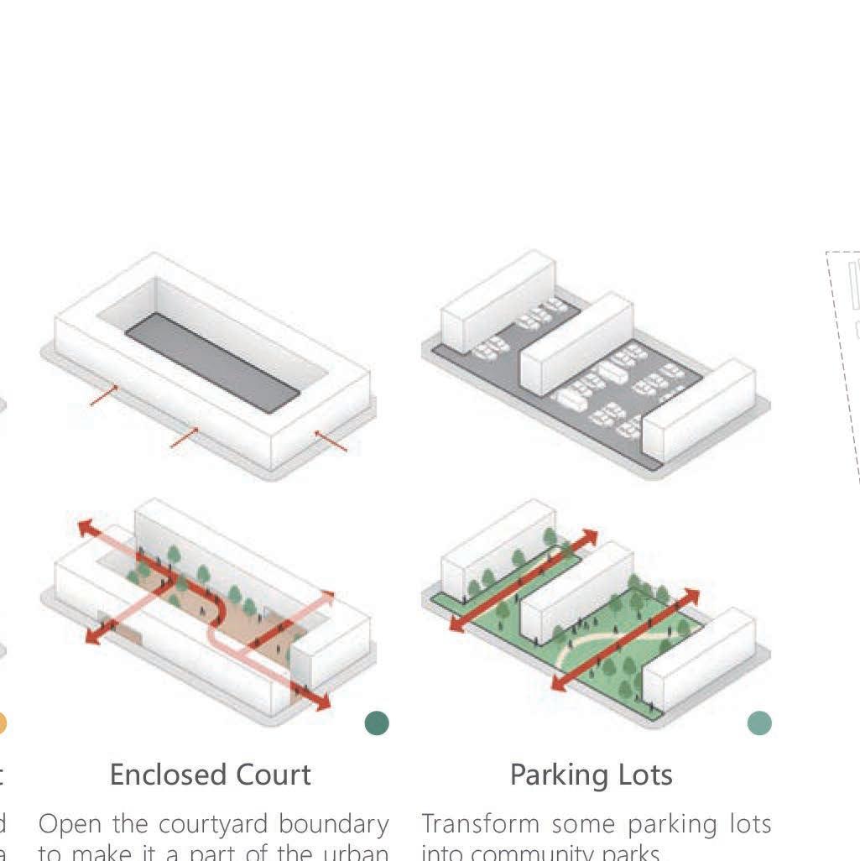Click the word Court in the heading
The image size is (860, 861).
click(x=271, y=775)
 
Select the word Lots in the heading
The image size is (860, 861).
click(x=645, y=775)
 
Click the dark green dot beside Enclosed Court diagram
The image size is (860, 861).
click(x=377, y=723)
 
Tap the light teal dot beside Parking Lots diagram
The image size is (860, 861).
click(x=759, y=723)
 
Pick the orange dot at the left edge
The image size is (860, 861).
click(x=2, y=723)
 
